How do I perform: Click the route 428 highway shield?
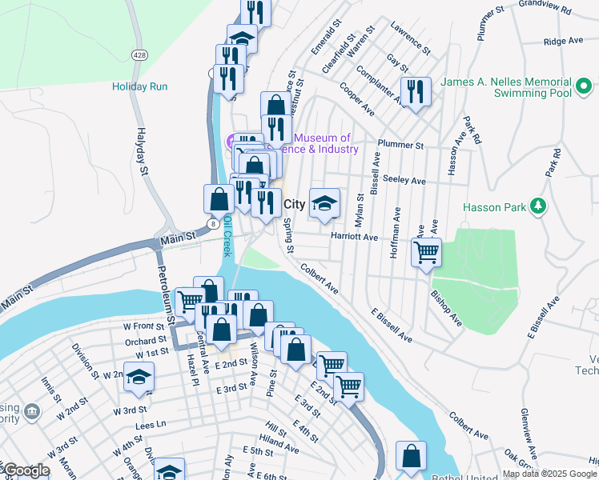click(139, 54)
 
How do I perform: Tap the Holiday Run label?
click(140, 86)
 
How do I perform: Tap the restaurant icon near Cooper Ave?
click(416, 90)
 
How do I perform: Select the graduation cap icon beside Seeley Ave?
click(324, 203)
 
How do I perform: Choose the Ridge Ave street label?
click(562, 41)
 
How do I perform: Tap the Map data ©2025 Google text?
click(549, 474)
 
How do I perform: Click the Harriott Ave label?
click(354, 237)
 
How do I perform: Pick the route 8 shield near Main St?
click(212, 225)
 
